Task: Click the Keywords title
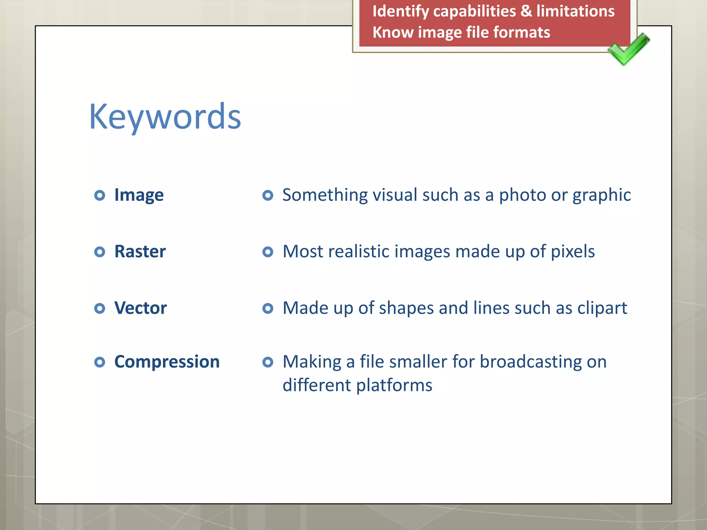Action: pyautogui.click(x=165, y=117)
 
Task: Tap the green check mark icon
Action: pyautogui.click(x=628, y=49)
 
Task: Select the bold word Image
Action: pyautogui.click(x=139, y=195)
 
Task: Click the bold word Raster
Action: pyautogui.click(x=140, y=252)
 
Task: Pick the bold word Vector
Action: pyautogui.click(x=141, y=308)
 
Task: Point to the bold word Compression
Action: pyautogui.click(x=167, y=362)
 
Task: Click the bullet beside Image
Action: pyautogui.click(x=99, y=195)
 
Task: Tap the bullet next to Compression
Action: pyautogui.click(x=99, y=362)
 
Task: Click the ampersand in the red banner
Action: pyautogui.click(x=526, y=11)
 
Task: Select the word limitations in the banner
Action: pyautogui.click(x=575, y=11)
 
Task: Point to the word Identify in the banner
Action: pyautogui.click(x=400, y=12)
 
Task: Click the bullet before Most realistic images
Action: pyautogui.click(x=268, y=252)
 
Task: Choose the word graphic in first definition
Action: pyautogui.click(x=601, y=195)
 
